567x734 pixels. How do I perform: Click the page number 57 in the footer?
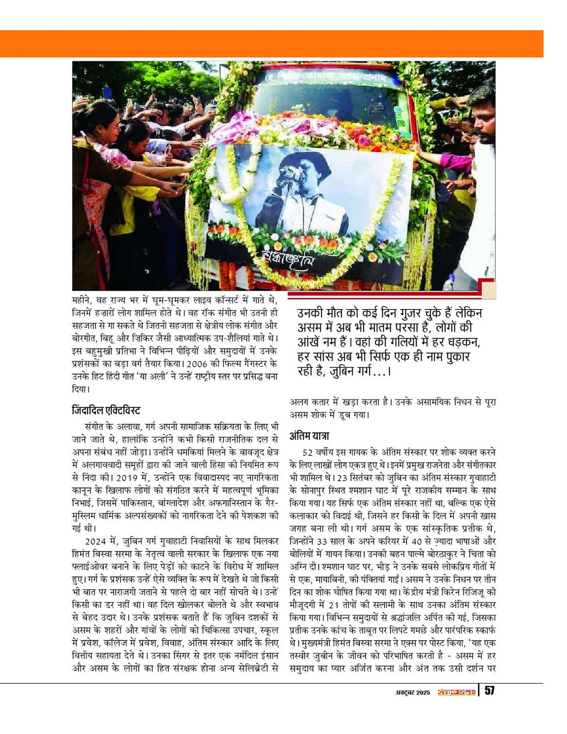click(x=489, y=691)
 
